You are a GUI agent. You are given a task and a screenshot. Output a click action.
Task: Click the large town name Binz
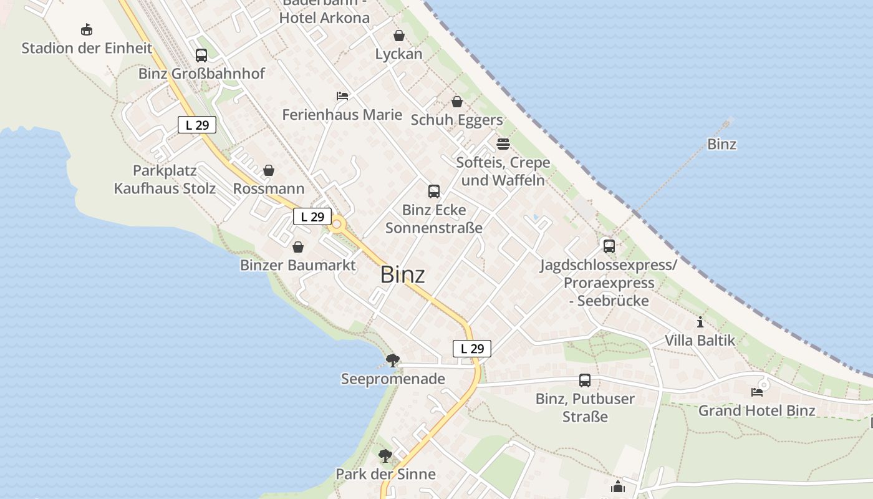[403, 274]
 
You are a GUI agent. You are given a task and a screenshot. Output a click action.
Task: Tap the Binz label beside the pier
[721, 144]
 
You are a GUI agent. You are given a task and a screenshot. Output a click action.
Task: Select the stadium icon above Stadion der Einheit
[87, 29]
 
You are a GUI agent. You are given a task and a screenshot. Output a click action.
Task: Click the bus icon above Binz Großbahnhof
[201, 55]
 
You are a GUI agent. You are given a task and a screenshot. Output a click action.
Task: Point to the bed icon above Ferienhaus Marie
[342, 95]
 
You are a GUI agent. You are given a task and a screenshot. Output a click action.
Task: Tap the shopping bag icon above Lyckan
[398, 36]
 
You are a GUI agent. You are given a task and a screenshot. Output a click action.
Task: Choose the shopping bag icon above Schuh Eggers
[457, 101]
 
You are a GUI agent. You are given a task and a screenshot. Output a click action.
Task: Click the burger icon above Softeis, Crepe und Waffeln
[503, 144]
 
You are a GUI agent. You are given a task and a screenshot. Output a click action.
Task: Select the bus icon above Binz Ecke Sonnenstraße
[434, 191]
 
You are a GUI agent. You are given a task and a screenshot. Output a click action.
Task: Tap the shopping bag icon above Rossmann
[269, 170]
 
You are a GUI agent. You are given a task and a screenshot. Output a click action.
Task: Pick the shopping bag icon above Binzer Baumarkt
[298, 247]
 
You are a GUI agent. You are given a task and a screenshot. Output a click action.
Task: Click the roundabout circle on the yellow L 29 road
[337, 224]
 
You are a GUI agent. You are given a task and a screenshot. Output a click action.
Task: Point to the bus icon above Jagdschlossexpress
[609, 246]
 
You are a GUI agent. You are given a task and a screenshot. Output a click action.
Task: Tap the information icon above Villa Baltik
[700, 322]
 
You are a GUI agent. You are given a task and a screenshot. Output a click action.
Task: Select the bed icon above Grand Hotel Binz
[757, 392]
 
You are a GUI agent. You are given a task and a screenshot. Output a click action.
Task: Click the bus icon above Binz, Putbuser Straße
[585, 380]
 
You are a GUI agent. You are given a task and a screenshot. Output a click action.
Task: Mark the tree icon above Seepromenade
[393, 360]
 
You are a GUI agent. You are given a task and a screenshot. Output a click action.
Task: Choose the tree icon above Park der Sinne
[385, 455]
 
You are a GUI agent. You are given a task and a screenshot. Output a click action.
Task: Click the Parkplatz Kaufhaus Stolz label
[165, 180]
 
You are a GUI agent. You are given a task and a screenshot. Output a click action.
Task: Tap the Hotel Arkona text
[324, 17]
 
